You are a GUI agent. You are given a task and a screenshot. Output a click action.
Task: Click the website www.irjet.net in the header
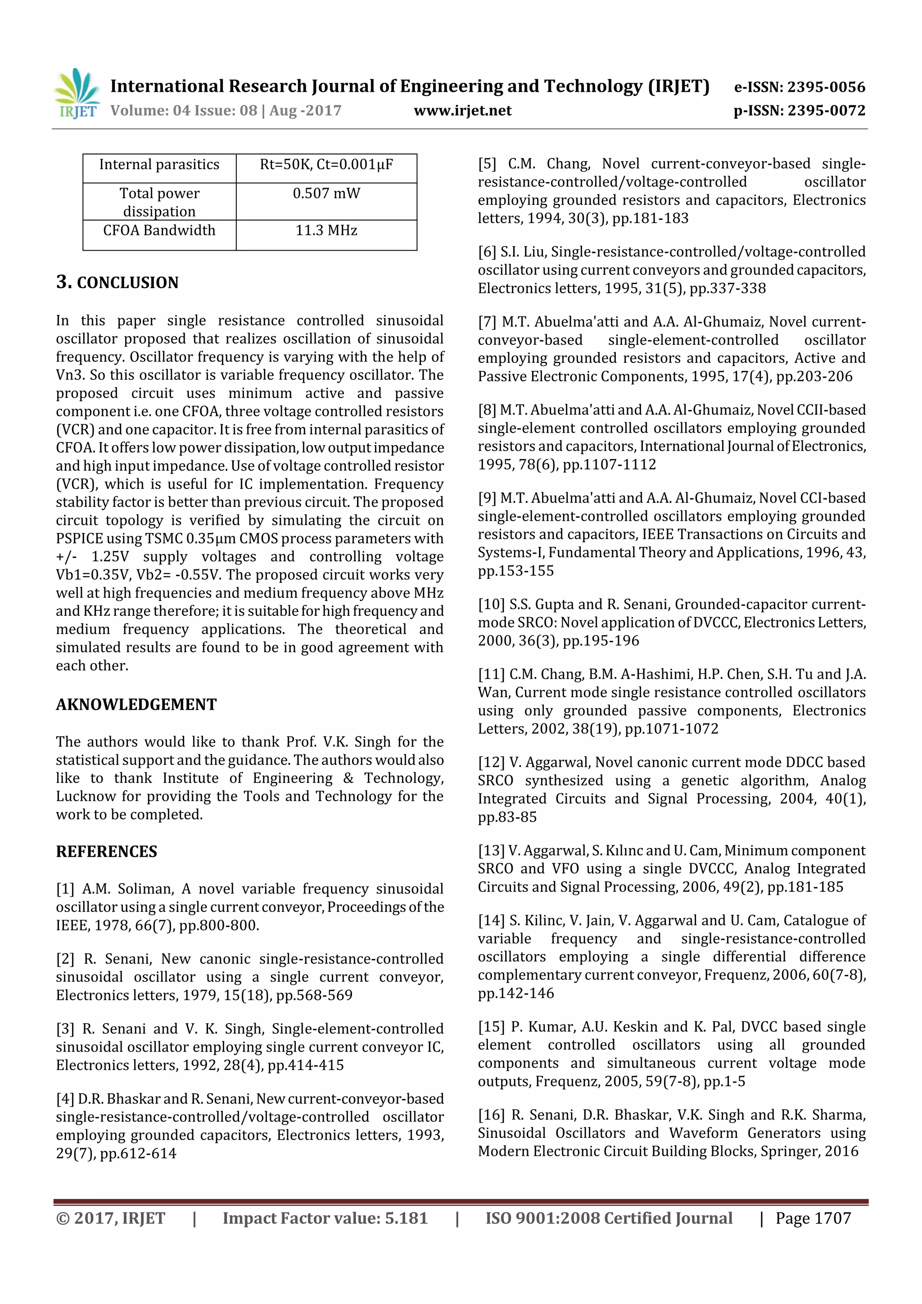coord(462,110)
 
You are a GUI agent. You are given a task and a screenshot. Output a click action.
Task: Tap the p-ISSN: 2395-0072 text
coord(799,110)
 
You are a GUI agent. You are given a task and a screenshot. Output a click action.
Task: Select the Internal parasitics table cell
coord(159,165)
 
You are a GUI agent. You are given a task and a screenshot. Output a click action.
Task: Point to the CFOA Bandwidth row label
coord(159,230)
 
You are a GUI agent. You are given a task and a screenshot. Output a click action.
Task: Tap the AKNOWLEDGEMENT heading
coord(136,704)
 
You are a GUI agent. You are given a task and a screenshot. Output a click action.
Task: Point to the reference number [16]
coord(491,1115)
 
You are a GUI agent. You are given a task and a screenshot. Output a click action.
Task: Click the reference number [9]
coord(487,498)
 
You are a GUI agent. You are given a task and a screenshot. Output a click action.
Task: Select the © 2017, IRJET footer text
coord(110,1218)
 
